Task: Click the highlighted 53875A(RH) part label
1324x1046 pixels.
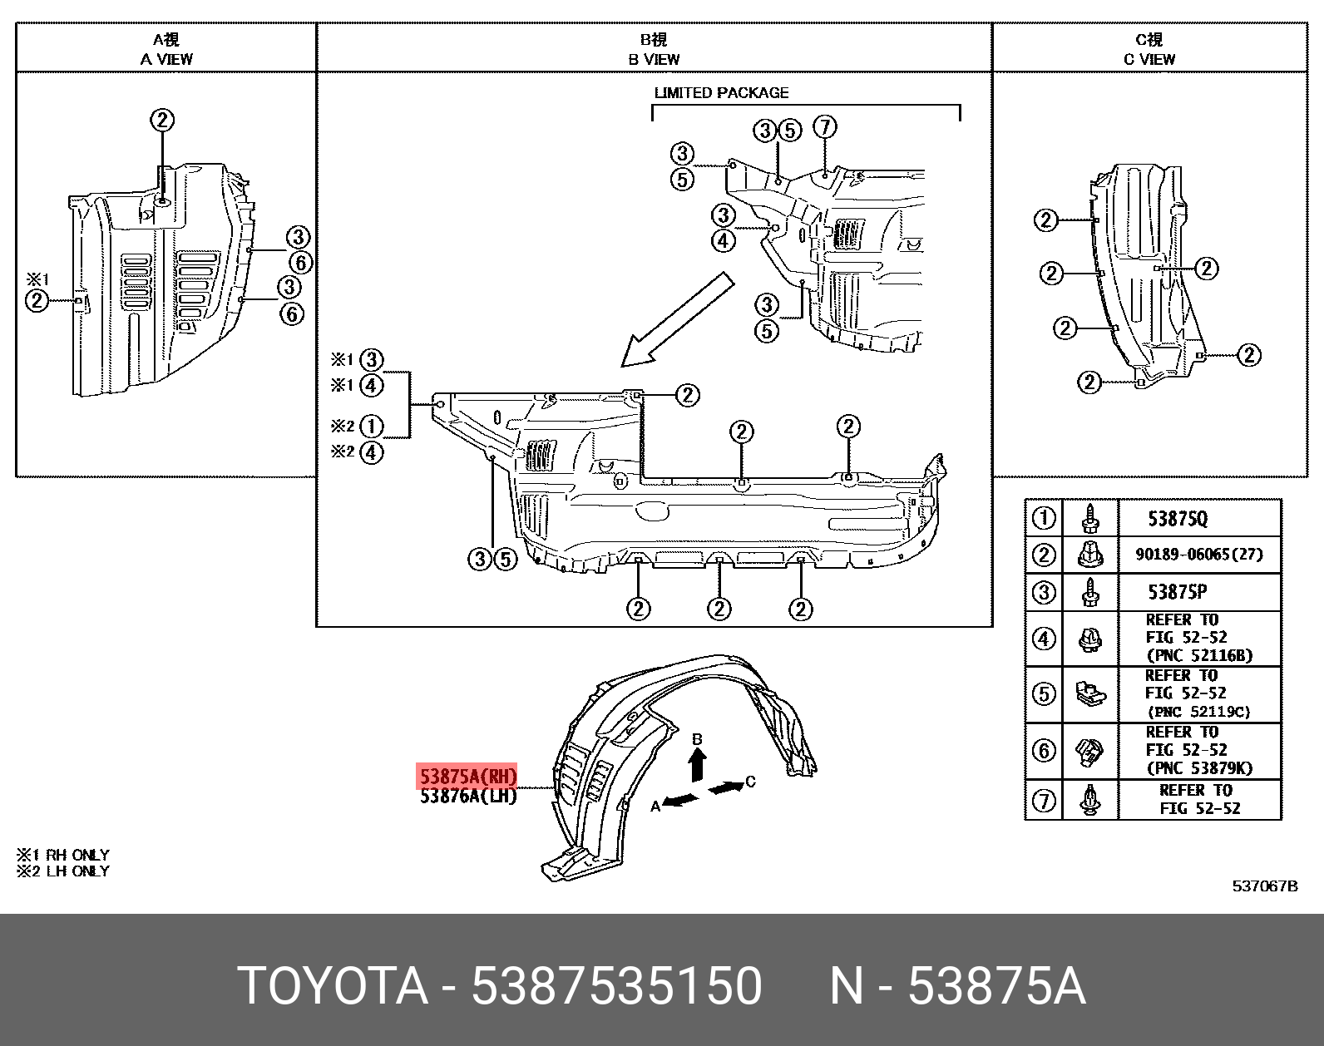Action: tap(467, 777)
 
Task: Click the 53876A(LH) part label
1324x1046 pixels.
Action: tap(467, 797)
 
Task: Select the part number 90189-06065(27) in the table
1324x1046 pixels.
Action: tap(1198, 555)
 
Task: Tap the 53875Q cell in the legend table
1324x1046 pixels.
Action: tap(1178, 519)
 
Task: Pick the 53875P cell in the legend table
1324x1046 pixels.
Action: tap(1178, 592)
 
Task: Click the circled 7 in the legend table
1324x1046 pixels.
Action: tap(1043, 800)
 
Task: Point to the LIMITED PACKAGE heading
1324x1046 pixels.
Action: tap(721, 93)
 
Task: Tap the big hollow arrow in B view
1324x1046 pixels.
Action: tap(675, 321)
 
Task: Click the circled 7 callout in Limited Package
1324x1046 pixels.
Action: tap(824, 127)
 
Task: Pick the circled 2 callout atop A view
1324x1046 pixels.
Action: tap(162, 120)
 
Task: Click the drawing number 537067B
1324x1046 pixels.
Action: tap(1264, 886)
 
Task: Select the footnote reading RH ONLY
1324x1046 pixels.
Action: tap(63, 855)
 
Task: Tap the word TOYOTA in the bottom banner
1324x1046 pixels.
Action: tap(333, 986)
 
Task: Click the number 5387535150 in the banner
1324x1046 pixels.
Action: tap(616, 986)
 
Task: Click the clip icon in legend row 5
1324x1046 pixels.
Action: tap(1089, 694)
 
